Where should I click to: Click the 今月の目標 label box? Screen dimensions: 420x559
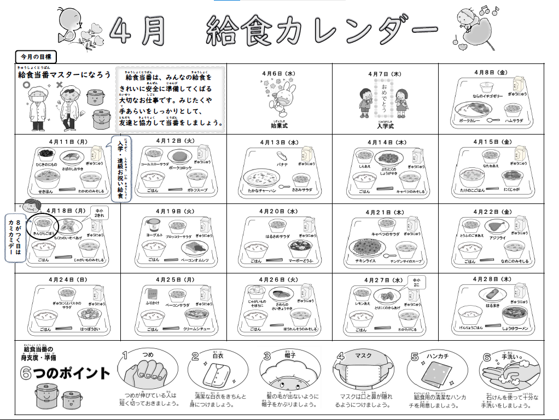pos(36,56)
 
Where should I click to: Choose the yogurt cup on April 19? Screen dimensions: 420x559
pos(154,224)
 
